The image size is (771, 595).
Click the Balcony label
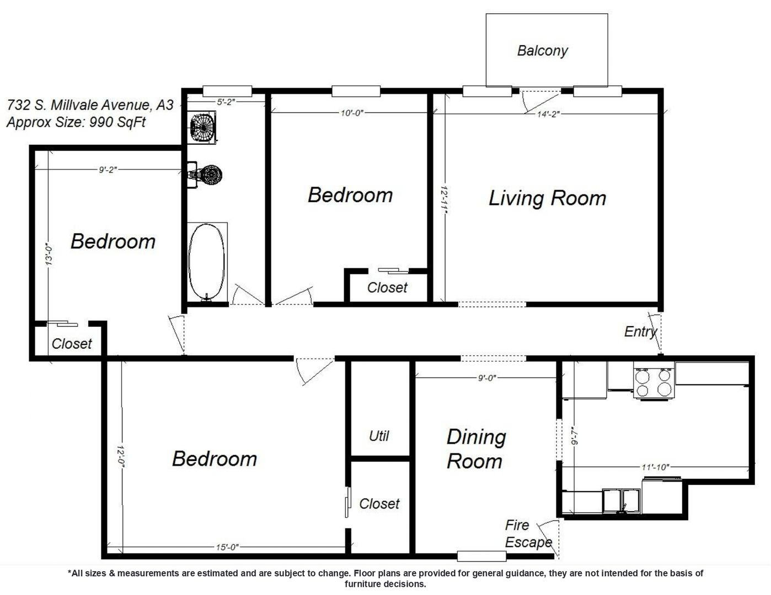coord(542,51)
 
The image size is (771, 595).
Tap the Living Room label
coord(548,198)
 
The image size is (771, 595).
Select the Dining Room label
coord(476,449)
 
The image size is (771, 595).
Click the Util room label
coord(379,436)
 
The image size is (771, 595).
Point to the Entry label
coord(640,332)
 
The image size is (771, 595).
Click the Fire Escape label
coord(528,534)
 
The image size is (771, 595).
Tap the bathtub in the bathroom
coord(206,262)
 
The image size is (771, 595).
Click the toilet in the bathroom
coord(205,175)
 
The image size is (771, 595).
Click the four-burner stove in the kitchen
coord(654,383)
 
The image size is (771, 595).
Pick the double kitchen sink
coord(622,501)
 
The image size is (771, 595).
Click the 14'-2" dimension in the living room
coord(548,114)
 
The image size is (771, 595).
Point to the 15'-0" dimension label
coord(227,548)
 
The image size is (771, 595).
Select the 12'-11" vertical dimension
coord(444,200)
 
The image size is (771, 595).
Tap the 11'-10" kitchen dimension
coord(655,467)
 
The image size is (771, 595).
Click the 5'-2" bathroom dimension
coord(226,102)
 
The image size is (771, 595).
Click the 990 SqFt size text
coord(117,122)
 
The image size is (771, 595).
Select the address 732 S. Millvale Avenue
coord(79,105)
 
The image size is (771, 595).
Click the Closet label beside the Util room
coord(379,504)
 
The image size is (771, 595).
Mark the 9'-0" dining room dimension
coord(487,378)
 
